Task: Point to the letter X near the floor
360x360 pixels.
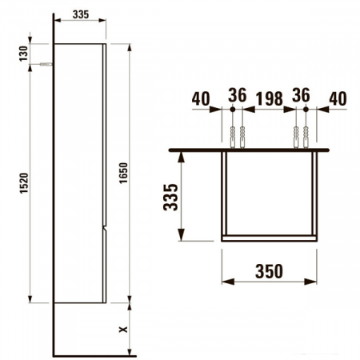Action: tap(122, 328)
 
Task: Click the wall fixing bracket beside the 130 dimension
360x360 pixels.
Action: tap(48, 65)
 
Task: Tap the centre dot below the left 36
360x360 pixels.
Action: tap(235, 110)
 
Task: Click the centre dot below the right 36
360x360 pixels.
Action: tap(300, 110)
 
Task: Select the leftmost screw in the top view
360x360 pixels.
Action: tap(230, 137)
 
